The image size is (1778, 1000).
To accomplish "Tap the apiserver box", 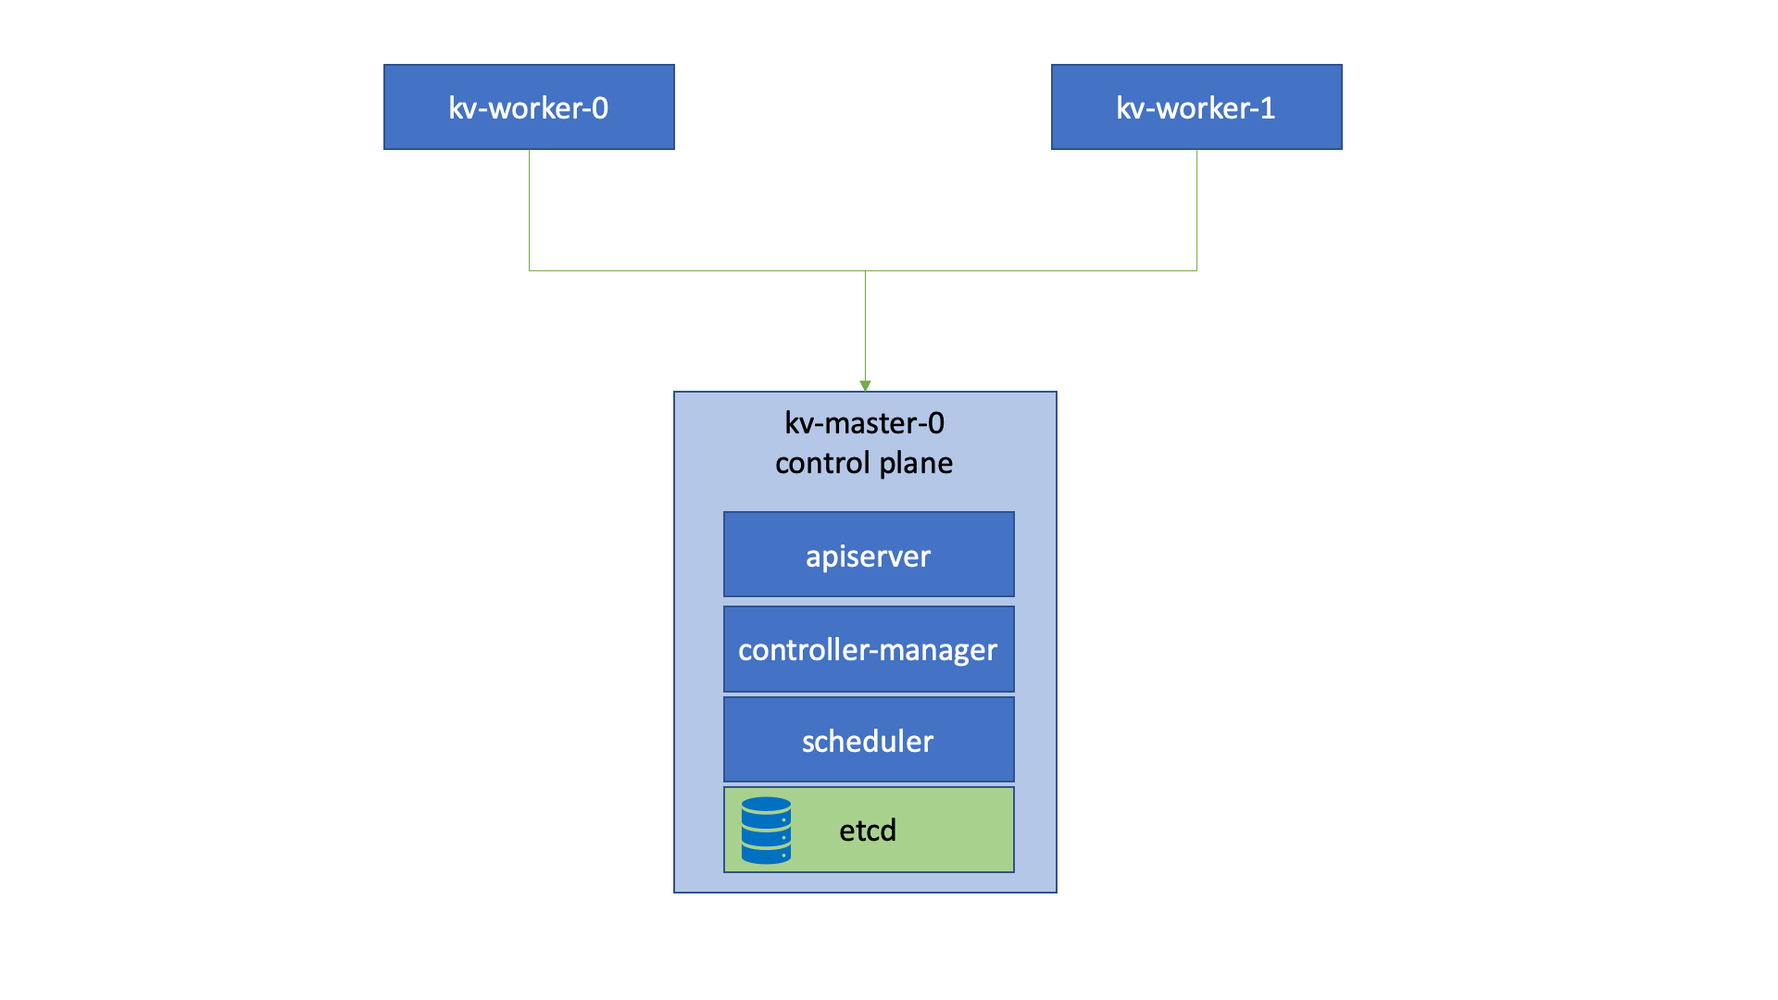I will (869, 555).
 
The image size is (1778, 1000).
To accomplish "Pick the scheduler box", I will (869, 740).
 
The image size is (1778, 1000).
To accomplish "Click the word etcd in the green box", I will (868, 831).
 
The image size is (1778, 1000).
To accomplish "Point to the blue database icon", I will (766, 831).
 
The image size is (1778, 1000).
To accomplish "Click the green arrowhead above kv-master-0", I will (865, 386).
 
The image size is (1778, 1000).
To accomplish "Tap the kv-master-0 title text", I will (864, 423).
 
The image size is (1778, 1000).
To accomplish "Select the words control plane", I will (864, 463).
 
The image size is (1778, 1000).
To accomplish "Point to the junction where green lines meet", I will (865, 270).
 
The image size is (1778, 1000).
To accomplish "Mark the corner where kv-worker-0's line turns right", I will (529, 270).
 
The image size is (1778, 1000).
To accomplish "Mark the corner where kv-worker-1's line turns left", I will (1196, 270).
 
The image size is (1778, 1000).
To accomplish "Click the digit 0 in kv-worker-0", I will (600, 108).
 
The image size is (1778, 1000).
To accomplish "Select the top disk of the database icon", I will (766, 806).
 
